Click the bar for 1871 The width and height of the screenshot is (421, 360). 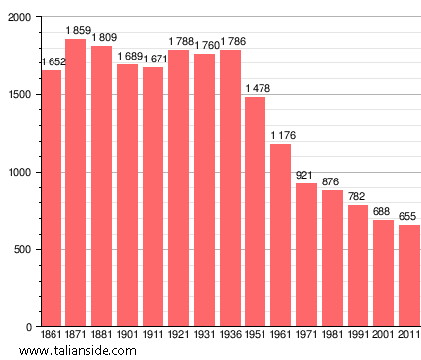76,183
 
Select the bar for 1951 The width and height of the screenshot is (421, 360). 255,212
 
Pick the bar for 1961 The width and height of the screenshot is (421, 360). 280,235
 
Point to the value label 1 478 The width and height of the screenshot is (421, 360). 256,89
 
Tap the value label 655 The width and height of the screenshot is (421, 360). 409,217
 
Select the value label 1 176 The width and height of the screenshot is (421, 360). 281,136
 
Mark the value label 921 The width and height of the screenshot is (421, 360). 306,176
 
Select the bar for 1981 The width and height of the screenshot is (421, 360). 332,258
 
